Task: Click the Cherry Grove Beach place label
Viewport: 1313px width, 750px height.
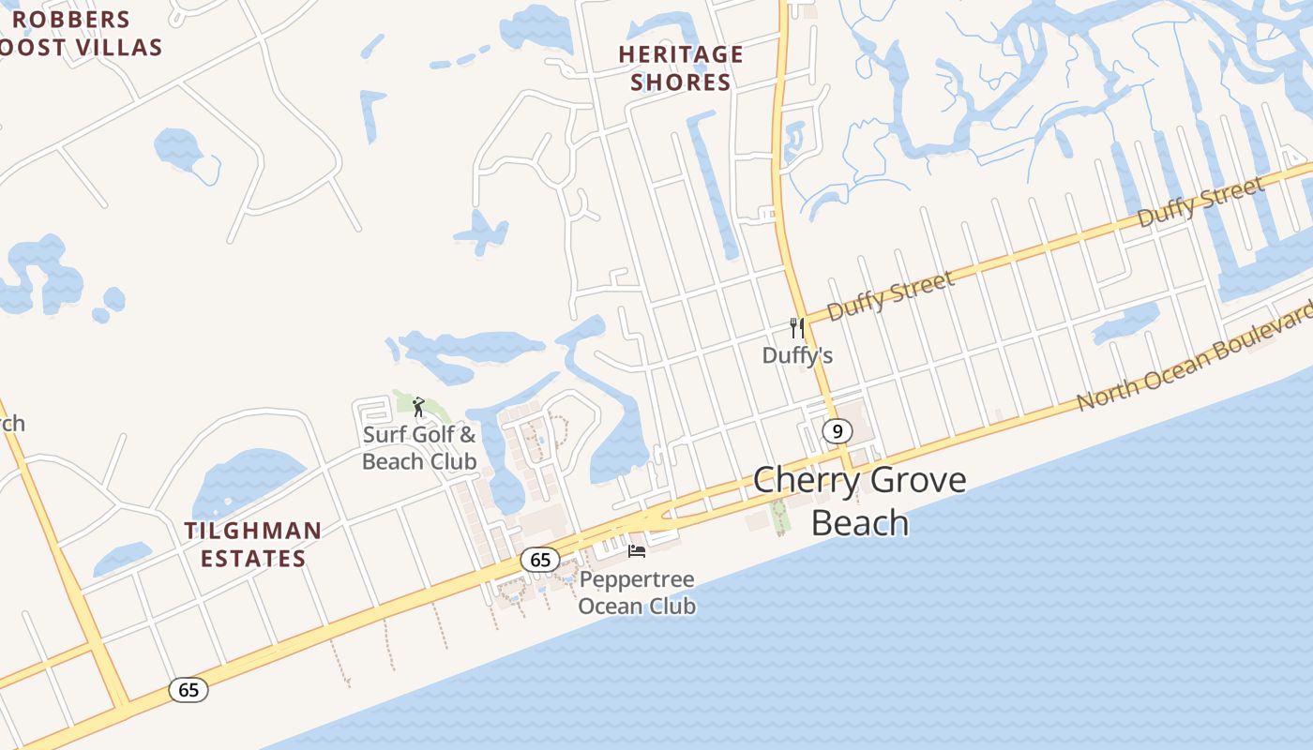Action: (859, 501)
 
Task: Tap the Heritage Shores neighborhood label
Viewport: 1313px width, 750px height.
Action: (681, 68)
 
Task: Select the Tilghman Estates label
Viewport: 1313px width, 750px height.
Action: (252, 545)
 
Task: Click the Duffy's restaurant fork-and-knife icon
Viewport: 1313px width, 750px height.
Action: (797, 328)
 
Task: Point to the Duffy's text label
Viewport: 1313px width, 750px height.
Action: (797, 356)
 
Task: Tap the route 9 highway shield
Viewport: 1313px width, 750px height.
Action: (837, 431)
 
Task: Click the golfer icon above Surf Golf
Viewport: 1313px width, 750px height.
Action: (418, 407)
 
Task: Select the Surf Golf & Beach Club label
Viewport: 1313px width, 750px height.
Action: (419, 448)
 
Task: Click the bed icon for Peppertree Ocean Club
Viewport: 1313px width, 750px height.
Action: (637, 550)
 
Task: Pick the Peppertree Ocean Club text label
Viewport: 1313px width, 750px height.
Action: (637, 592)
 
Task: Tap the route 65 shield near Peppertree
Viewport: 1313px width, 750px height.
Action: (540, 560)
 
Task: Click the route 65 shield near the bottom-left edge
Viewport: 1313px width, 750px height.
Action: (189, 690)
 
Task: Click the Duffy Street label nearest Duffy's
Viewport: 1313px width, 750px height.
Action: (891, 294)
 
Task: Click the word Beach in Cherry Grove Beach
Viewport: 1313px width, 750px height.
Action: (859, 522)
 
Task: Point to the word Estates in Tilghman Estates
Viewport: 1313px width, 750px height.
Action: (252, 559)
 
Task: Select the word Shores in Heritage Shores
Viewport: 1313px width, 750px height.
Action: (681, 82)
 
